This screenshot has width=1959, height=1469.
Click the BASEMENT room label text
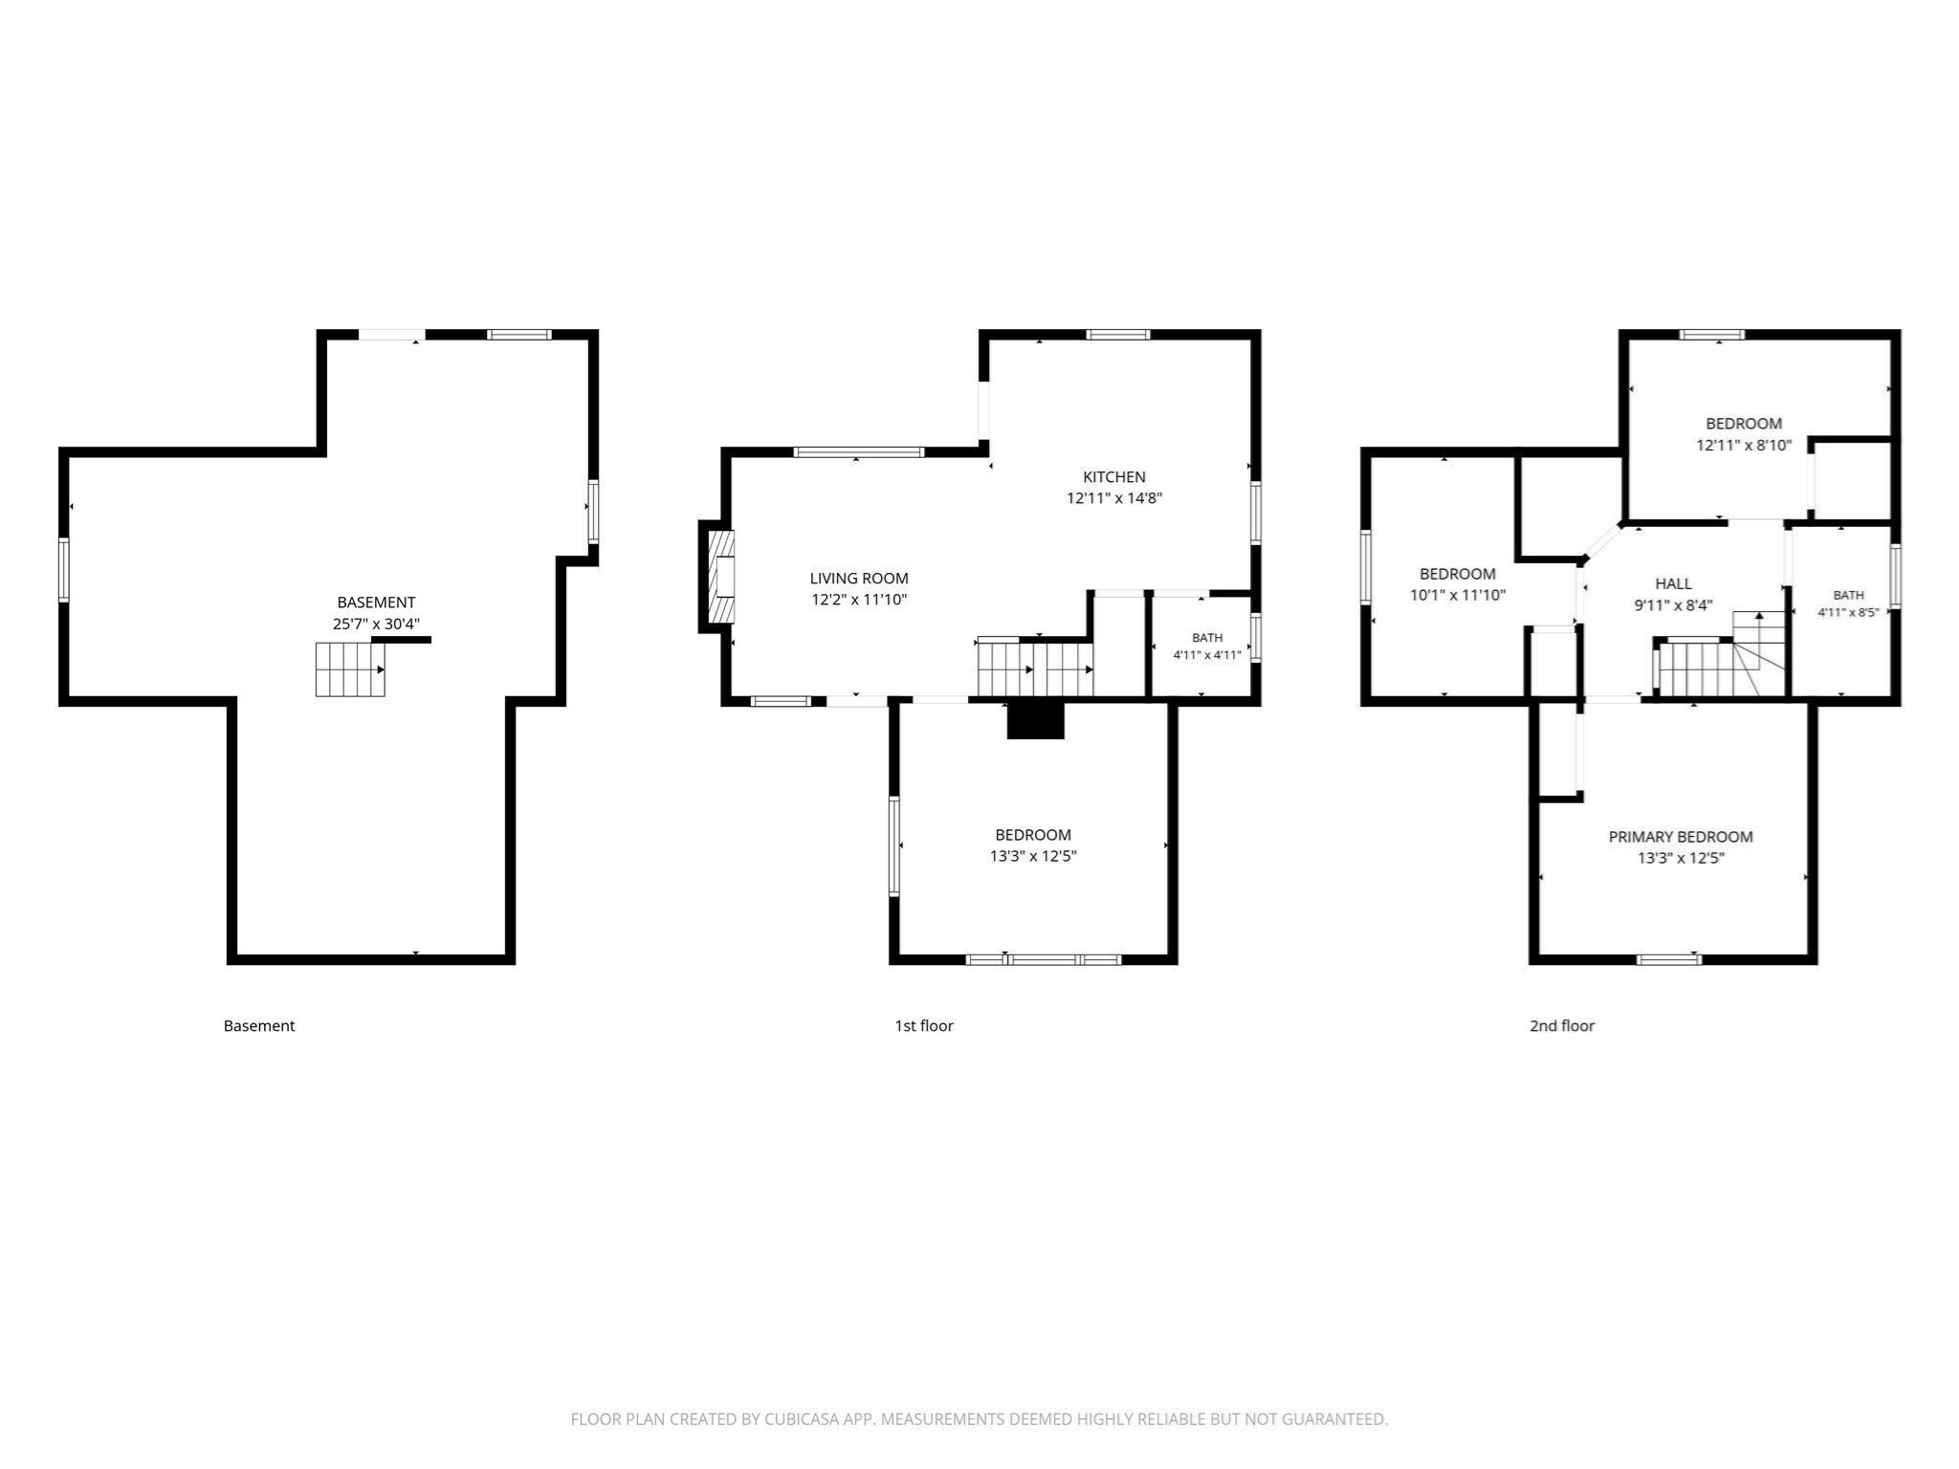point(376,603)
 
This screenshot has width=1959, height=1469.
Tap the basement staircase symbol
point(350,669)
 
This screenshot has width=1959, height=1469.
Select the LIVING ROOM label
point(859,579)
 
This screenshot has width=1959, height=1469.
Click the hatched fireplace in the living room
point(720,577)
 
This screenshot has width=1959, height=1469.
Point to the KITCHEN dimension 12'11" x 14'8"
point(1114,498)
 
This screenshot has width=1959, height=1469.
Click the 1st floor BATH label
point(1207,638)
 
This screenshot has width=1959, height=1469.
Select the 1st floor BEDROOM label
point(1033,835)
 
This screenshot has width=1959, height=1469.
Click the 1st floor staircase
point(1035,668)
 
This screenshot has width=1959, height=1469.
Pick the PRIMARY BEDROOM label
point(1681,837)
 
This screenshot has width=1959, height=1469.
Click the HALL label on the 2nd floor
point(1674,583)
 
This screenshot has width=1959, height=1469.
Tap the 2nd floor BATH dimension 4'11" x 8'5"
point(1848,612)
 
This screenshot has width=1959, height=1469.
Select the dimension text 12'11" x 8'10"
point(1744,445)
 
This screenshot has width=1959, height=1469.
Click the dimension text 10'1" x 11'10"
point(1458,595)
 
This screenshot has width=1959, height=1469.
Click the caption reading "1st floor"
point(924,1026)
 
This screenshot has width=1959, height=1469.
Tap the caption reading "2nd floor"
point(1562,1026)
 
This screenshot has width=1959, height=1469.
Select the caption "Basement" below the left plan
point(259,1026)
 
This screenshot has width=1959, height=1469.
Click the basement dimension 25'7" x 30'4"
point(376,624)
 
